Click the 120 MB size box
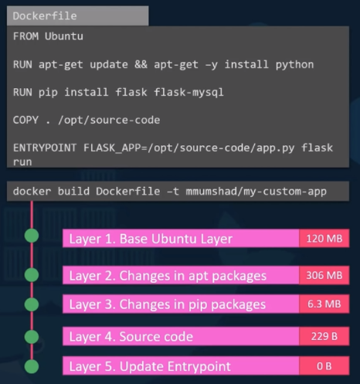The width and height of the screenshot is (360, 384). pyautogui.click(x=324, y=238)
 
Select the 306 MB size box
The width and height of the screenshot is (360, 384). pyautogui.click(x=324, y=275)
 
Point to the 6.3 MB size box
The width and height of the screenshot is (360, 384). pyautogui.click(x=324, y=304)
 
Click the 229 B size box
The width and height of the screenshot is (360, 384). pyautogui.click(x=324, y=336)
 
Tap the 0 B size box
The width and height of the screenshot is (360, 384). pyautogui.click(x=324, y=365)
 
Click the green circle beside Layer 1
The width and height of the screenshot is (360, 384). pyautogui.click(x=32, y=237)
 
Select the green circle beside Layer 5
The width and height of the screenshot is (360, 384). pyautogui.click(x=32, y=365)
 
